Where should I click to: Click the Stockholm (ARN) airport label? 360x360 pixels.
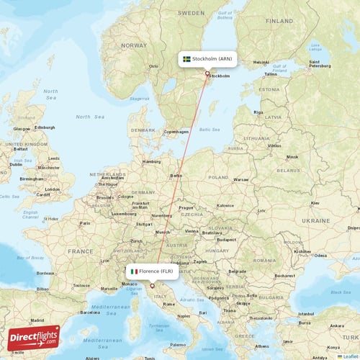[x=211, y=58]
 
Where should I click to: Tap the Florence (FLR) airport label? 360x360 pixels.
[x=156, y=271]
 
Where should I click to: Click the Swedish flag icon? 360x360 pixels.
[x=186, y=58]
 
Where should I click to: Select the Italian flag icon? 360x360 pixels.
[x=133, y=271]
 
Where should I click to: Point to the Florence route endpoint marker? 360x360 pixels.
[x=152, y=286]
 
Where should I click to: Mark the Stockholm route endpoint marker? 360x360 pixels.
[x=207, y=73]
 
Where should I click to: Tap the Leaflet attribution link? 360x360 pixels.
[x=348, y=356]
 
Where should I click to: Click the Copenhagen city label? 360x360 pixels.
[x=176, y=132]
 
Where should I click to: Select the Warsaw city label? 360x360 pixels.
[x=240, y=179]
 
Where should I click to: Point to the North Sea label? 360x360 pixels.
[x=90, y=116]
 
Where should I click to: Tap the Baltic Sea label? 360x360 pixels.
[x=210, y=130]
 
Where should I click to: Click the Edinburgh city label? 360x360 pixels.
[x=45, y=128]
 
